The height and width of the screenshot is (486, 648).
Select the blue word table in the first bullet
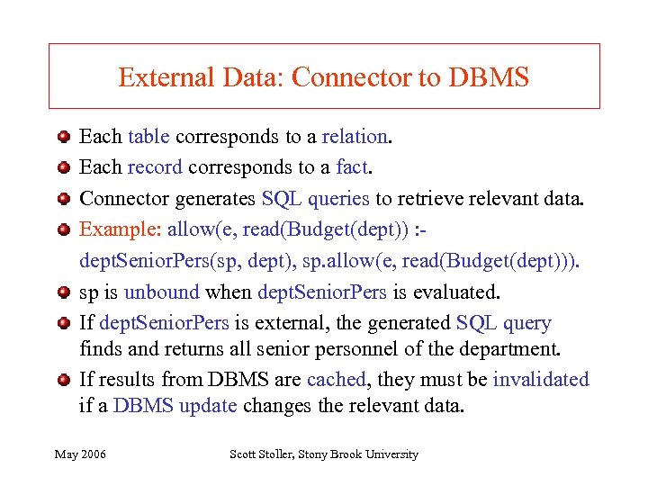(149, 137)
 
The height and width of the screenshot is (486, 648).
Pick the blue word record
(155, 166)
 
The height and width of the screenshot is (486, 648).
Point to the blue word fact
(351, 166)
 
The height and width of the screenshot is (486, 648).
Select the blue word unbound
(162, 292)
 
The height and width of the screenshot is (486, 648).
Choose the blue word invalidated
(541, 379)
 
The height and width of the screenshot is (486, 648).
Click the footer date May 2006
(80, 454)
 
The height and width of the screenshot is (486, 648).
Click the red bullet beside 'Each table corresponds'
(62, 138)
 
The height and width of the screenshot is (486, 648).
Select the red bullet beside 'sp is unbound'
(62, 292)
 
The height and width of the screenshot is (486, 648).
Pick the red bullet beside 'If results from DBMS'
(62, 379)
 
